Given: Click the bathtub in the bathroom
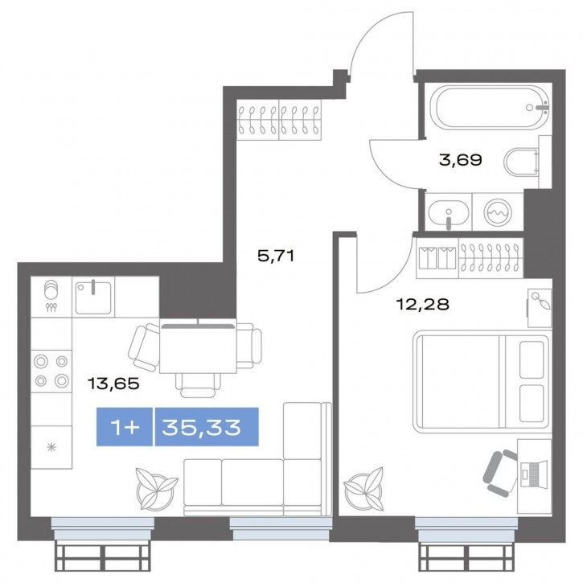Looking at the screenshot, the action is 491,107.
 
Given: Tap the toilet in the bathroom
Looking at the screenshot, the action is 521,162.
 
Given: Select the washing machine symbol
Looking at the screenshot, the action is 498,212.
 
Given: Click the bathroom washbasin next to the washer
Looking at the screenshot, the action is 449,212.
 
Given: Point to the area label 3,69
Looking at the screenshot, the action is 460,160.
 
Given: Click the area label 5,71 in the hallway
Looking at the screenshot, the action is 276,256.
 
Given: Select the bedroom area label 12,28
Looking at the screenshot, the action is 423,305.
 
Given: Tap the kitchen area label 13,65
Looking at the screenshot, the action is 113,384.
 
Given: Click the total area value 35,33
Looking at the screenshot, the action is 202,428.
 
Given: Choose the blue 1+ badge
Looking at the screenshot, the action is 125,427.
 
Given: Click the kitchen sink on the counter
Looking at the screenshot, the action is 93,298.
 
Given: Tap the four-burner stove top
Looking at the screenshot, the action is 51,371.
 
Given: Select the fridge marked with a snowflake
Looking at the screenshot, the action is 51,447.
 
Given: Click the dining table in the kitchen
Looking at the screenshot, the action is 198,346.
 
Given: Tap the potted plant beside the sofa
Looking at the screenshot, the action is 155,490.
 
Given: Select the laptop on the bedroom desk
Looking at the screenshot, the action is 534,474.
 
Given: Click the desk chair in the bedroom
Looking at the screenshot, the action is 499,474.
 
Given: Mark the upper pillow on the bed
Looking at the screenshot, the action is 532,360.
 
